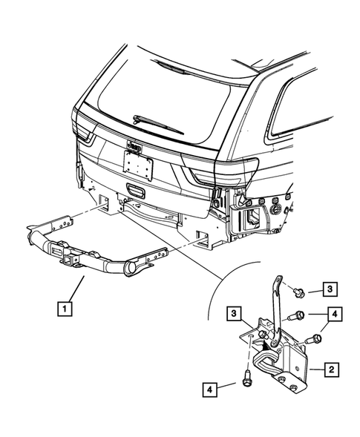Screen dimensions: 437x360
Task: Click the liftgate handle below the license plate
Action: click(138, 189)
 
